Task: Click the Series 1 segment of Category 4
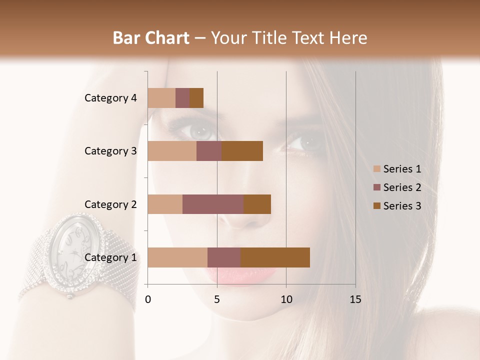161,98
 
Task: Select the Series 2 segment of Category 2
213,204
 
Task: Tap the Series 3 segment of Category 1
275,257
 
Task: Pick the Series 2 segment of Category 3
209,151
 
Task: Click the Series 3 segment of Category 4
196,98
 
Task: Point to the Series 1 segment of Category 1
177,257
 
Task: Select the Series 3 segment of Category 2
257,204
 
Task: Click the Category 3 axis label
110,151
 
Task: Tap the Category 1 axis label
110,257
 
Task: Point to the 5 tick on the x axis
217,299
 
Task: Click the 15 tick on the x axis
355,299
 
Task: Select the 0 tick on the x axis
148,299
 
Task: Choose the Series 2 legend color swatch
376,187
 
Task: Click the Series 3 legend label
402,206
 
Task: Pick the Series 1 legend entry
397,169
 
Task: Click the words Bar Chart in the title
151,38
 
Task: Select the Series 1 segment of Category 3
172,151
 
